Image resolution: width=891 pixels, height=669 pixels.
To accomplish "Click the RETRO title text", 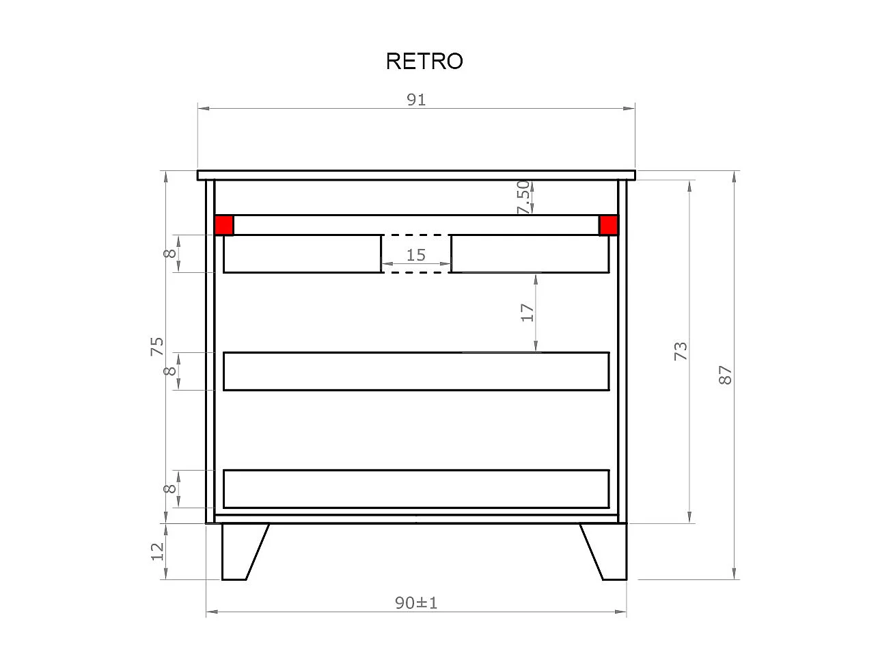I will click(424, 61).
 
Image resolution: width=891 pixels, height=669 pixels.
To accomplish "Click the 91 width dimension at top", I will click(416, 100).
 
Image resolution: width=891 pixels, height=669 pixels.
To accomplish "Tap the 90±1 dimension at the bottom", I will click(415, 603).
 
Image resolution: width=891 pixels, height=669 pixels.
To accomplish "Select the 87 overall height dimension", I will click(726, 374).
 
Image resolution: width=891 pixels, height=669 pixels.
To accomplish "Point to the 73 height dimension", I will click(681, 351).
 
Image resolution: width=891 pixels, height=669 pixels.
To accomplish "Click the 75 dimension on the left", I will click(157, 346).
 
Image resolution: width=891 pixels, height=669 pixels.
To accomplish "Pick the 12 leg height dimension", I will click(157, 551).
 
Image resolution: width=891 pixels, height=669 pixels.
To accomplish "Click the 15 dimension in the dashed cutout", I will click(415, 255).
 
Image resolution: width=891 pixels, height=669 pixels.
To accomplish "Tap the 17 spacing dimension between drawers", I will click(527, 313).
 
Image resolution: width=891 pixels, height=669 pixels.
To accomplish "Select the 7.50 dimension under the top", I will click(523, 197).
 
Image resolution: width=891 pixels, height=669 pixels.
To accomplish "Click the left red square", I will click(224, 225).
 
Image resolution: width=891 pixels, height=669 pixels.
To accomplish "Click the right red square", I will click(608, 225).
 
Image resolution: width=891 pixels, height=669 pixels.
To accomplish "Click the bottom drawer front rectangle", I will click(415, 488).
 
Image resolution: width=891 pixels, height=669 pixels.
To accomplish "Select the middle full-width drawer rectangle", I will click(415, 371).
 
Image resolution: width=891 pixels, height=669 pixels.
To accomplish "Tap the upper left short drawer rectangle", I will click(302, 253).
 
